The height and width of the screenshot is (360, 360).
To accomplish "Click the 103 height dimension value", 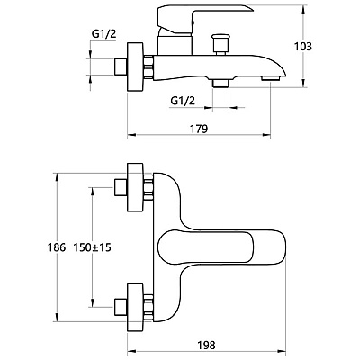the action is click(x=303, y=47).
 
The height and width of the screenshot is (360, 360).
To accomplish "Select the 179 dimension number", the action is click(x=199, y=129).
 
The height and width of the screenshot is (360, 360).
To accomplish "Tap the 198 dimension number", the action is click(x=206, y=345).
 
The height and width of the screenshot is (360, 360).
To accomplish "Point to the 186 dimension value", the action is click(x=57, y=247).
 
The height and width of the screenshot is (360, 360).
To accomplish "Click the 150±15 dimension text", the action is click(x=93, y=247).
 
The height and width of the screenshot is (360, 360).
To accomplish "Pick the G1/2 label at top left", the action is click(x=103, y=34).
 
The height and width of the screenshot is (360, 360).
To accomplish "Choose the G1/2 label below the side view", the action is click(x=183, y=101).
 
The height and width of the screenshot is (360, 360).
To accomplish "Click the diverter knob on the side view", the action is click(x=221, y=44).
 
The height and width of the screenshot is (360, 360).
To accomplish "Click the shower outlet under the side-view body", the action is click(x=220, y=84).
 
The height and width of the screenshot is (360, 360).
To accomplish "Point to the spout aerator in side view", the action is click(x=271, y=78).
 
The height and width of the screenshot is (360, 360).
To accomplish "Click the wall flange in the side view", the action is click(x=136, y=67).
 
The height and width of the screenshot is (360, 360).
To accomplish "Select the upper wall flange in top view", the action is click(x=136, y=187).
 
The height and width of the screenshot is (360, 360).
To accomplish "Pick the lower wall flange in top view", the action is click(x=136, y=307).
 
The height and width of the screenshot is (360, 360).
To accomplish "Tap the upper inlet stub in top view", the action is click(x=121, y=187).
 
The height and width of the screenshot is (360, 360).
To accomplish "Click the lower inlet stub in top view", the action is click(x=121, y=307).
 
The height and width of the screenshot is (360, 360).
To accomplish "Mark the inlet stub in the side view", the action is click(x=121, y=67).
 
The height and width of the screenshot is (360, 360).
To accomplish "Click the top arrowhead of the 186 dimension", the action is click(x=56, y=177).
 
